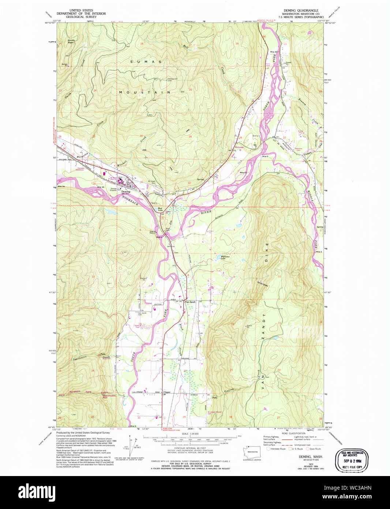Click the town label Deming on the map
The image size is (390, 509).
coord(125,192)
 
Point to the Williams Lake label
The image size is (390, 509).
coord(225,257)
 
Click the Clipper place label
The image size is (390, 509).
coord(167,392)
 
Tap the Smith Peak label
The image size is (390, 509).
coord(71,41)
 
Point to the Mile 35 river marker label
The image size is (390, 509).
coord(101,187)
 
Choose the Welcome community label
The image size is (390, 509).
coord(239,147)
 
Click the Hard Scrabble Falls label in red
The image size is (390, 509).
coord(109,397)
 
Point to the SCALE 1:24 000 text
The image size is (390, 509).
coord(190,434)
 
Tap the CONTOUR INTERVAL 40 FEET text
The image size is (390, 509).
coord(190,448)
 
